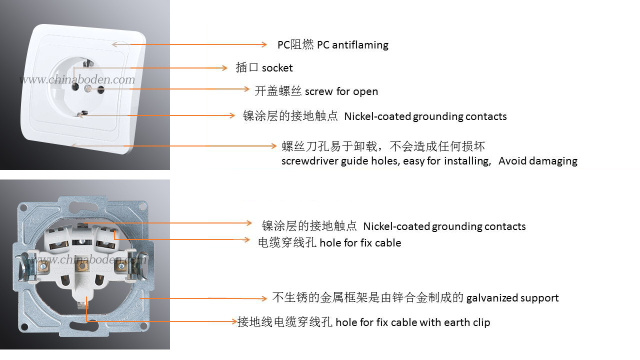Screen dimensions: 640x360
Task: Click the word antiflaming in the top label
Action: (360, 45)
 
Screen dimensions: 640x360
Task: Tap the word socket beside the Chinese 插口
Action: (277, 68)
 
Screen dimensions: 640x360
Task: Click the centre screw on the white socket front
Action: (87, 89)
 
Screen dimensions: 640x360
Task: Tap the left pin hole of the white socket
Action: (75, 86)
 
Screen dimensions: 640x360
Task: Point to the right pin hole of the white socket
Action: (101, 90)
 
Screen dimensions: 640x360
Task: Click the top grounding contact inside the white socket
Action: (87, 63)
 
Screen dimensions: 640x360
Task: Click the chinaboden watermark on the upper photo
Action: (77, 79)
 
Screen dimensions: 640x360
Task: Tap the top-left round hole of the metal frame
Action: (24, 208)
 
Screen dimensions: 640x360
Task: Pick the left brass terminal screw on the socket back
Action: (43, 267)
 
